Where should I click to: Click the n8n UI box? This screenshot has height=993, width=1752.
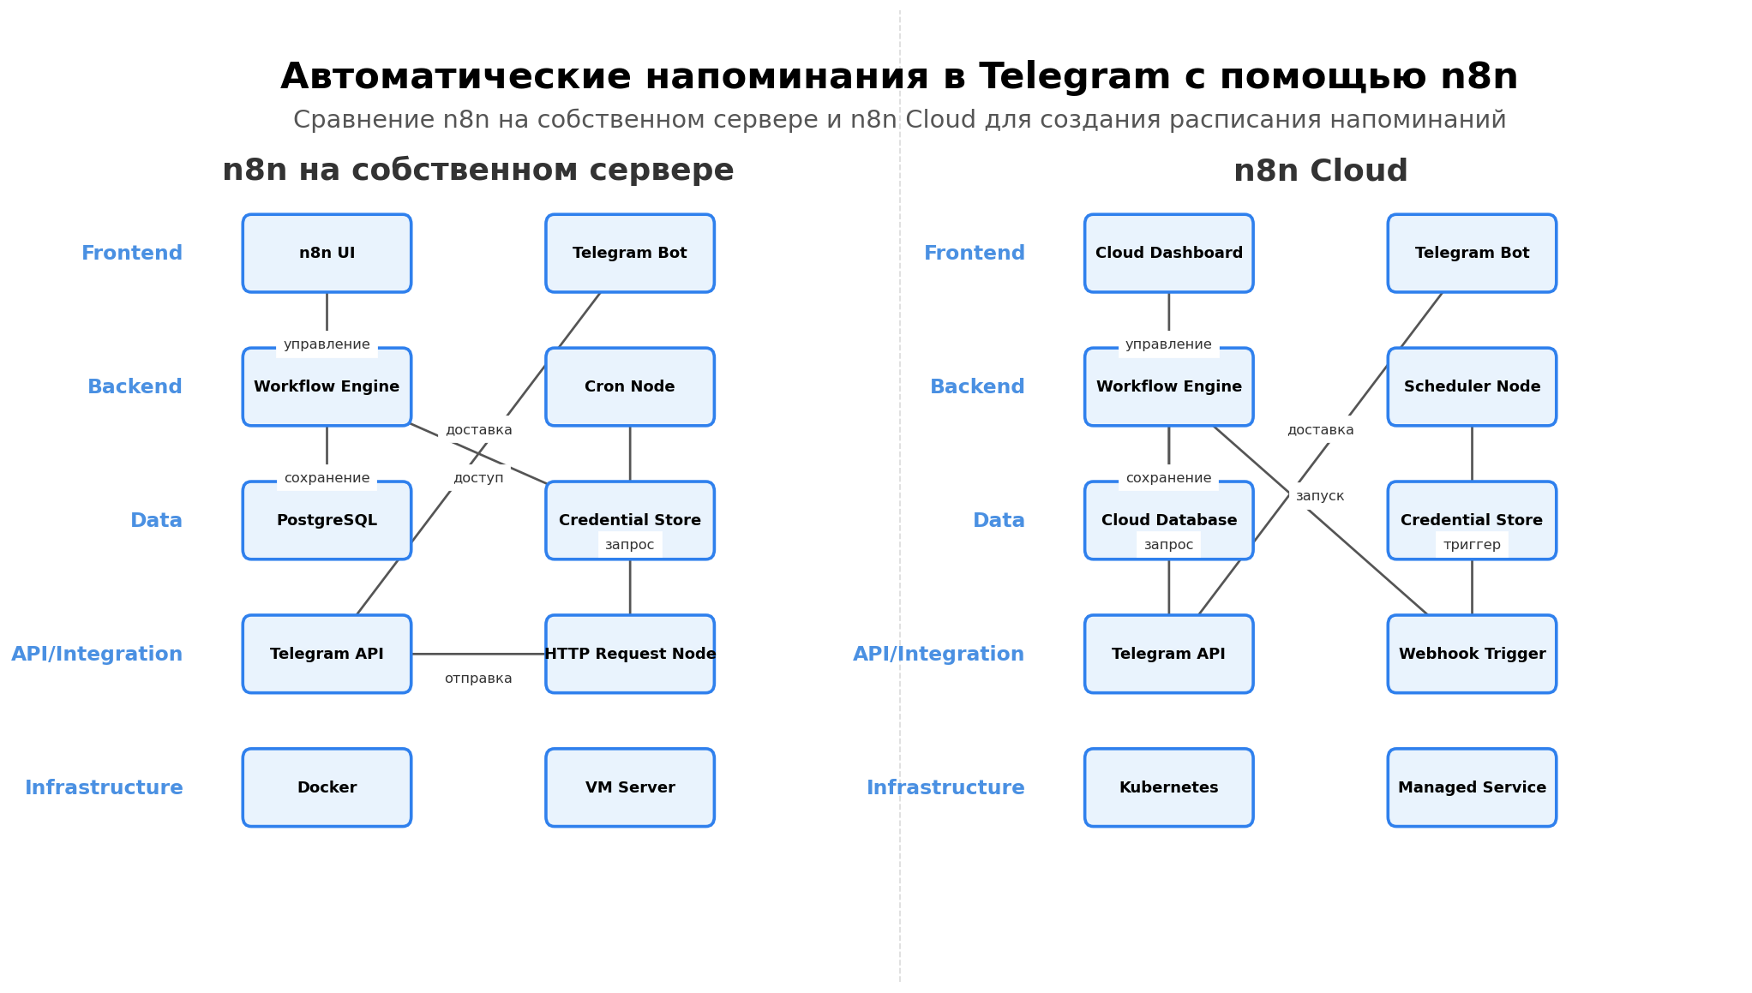pyautogui.click(x=327, y=253)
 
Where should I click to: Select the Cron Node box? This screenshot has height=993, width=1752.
pyautogui.click(x=629, y=386)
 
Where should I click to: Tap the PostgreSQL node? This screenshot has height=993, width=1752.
pyautogui.click(x=327, y=520)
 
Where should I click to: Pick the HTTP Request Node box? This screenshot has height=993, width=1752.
pyautogui.click(x=629, y=654)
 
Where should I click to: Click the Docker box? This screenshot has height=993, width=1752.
pyautogui.click(x=327, y=787)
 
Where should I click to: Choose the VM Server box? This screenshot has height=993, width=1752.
pyautogui.click(x=629, y=787)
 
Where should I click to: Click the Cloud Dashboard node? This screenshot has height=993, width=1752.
pyautogui.click(x=1168, y=253)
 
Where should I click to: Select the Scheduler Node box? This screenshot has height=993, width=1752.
pyautogui.click(x=1472, y=386)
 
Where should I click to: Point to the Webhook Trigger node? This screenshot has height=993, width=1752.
pyautogui.click(x=1472, y=654)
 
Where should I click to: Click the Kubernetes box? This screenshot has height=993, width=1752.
pyautogui.click(x=1168, y=787)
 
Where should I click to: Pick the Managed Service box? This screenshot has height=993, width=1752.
pyautogui.click(x=1472, y=787)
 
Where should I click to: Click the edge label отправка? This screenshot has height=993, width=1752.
pyautogui.click(x=478, y=679)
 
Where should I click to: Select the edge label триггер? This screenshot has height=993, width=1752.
pyautogui.click(x=1472, y=545)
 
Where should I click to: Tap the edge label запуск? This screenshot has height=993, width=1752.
pyautogui.click(x=1319, y=496)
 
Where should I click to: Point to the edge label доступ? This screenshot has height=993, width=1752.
pyautogui.click(x=478, y=478)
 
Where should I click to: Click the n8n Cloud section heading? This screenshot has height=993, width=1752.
pyautogui.click(x=1320, y=170)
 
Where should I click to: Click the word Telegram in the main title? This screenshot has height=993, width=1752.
pyautogui.click(x=1074, y=77)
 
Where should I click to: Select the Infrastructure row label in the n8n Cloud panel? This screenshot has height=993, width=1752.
pyautogui.click(x=945, y=787)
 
